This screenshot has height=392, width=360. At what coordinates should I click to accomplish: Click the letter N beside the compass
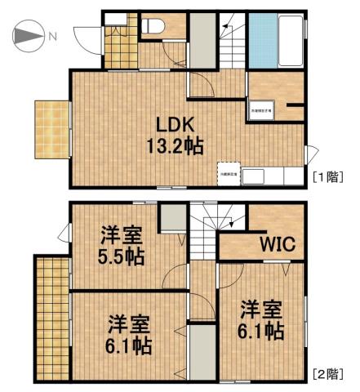pos(52,36)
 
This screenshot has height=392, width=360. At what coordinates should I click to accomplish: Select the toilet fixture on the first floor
pos(153,27)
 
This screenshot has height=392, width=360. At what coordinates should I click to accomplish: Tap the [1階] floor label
pos(328,176)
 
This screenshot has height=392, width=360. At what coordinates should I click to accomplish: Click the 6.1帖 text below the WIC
pos(261,332)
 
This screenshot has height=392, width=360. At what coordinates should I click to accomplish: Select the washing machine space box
pos(262,109)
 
